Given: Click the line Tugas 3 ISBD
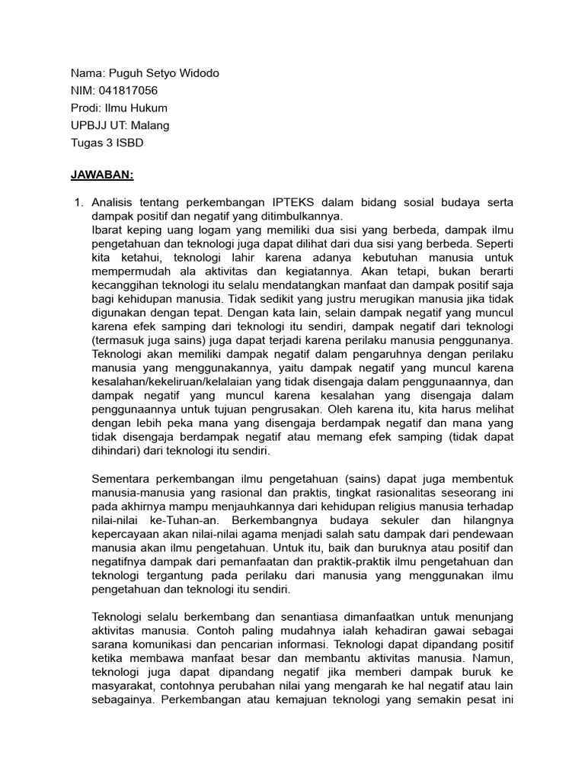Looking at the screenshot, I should (107, 142).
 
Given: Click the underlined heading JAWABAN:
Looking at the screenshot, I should (102, 175).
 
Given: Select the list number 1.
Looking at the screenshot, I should (76, 203).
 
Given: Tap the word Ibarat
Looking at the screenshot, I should (109, 230).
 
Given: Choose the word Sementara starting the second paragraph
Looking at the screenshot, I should (122, 479).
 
